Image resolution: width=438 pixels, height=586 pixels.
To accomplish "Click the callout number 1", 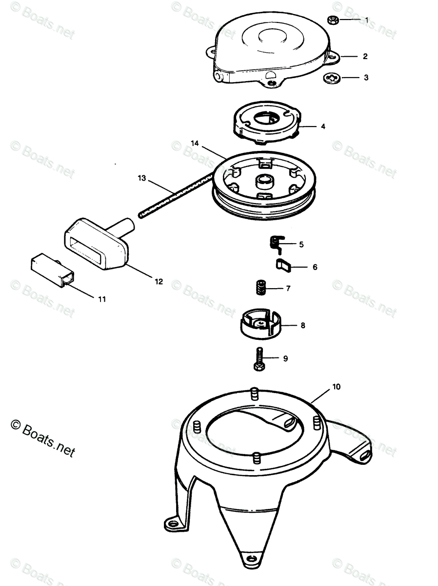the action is (367, 20).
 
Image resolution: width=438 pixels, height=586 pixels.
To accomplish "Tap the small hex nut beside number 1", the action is (335, 20).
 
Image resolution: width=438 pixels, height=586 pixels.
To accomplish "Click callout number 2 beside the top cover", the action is (365, 56).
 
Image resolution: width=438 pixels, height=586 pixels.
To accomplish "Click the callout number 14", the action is (195, 143).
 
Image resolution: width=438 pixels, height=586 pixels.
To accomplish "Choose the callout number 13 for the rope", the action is (142, 179).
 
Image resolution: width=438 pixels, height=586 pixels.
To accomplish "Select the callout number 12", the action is (159, 282).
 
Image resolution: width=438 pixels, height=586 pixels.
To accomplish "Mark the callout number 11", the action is (101, 299).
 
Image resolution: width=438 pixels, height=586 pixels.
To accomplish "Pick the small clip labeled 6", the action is (284, 266).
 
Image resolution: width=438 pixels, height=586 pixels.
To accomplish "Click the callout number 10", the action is (337, 387).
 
